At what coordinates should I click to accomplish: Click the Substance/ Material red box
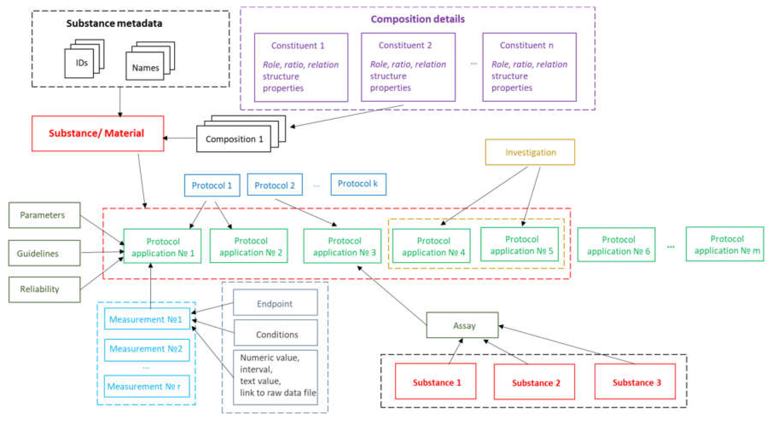point(97,133)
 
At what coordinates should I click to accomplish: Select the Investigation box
point(530,152)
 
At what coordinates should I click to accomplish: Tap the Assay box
point(462,325)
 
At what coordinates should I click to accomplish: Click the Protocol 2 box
point(274,185)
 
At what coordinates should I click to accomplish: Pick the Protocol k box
point(358,184)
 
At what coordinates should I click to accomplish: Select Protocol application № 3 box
point(342,246)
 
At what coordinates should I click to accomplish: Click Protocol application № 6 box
point(616,245)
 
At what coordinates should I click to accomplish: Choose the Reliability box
point(44,289)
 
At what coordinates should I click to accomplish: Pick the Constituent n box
point(529,67)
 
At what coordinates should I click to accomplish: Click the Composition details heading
point(418,19)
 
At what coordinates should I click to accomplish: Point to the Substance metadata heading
point(114,23)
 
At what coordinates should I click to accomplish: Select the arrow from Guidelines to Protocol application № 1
point(102,252)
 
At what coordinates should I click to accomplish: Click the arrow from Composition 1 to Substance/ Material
point(180,138)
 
